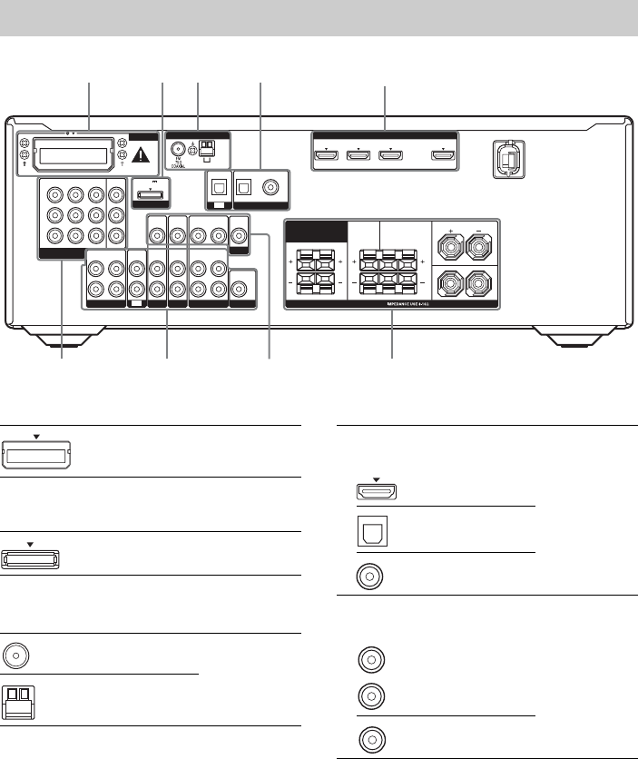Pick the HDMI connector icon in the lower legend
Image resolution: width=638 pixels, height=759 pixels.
point(375,491)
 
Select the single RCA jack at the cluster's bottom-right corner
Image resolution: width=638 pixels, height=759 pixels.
point(239,291)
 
